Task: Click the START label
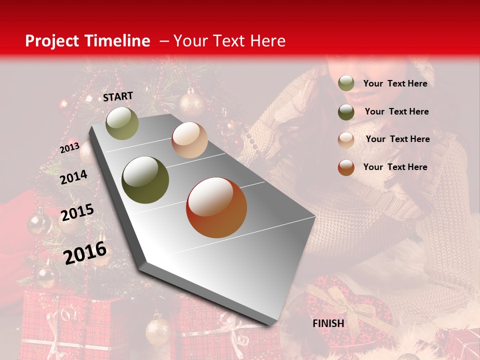[118, 96]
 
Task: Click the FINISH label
[328, 323]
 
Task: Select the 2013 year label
[69, 148]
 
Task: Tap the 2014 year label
[73, 177]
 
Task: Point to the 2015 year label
[77, 212]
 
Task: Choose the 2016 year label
[85, 252]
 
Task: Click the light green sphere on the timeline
[122, 123]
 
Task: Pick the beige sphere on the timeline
[189, 140]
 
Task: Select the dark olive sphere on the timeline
[145, 180]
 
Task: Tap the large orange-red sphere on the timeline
[216, 207]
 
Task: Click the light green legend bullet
[346, 83]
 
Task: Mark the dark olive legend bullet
[346, 111]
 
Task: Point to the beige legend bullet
[346, 139]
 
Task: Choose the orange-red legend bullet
[346, 167]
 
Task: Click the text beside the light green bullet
[395, 83]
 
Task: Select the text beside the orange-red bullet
[395, 167]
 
